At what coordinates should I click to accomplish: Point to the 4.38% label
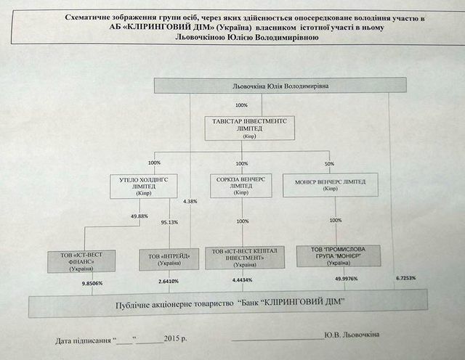pos(191,200)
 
